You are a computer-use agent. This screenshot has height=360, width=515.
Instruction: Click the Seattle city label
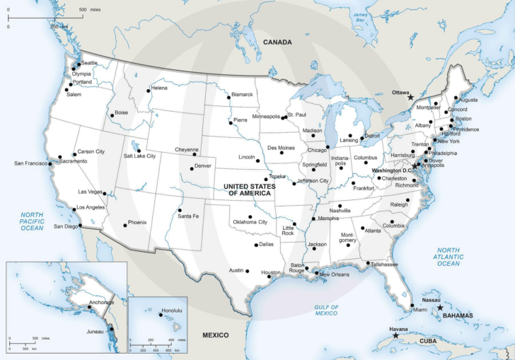point(89,64)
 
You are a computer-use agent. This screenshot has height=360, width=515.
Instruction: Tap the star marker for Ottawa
point(411,98)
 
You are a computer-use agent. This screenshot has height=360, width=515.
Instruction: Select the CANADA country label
point(277,42)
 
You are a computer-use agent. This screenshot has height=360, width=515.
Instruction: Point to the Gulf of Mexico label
point(326,310)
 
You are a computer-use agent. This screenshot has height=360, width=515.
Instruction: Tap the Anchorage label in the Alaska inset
point(101,302)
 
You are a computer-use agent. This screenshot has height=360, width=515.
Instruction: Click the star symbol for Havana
point(395,335)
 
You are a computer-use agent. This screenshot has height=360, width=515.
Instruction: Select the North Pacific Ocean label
point(32,221)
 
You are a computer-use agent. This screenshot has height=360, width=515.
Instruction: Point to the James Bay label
point(360,18)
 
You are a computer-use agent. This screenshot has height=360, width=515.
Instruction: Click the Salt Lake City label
point(139,156)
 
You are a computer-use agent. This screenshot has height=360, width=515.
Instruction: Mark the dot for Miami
point(412,306)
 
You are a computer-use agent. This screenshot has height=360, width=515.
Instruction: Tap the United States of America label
point(248,190)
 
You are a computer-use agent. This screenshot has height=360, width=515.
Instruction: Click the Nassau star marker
point(440,308)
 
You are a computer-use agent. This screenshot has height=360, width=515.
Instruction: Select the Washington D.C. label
point(391,170)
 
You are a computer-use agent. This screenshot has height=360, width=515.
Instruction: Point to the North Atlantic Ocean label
point(448,257)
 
